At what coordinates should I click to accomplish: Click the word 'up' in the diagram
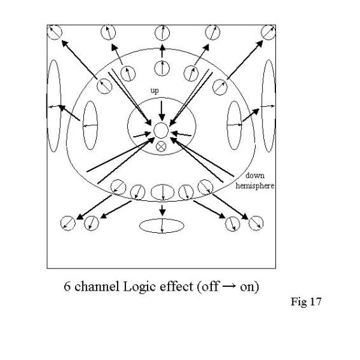click(x=155, y=91)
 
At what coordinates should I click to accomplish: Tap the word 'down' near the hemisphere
click(x=255, y=176)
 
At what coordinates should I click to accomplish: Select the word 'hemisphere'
click(x=255, y=185)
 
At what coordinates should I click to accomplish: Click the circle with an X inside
click(x=161, y=146)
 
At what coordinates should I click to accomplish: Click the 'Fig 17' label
click(x=306, y=301)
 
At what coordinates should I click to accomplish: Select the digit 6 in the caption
click(x=67, y=286)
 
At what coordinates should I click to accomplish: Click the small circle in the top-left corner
click(x=55, y=32)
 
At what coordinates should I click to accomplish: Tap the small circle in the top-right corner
click(x=268, y=32)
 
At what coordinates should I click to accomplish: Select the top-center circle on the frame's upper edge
click(x=162, y=33)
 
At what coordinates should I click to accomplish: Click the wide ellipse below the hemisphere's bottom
click(x=162, y=226)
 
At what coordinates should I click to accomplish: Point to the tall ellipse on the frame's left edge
click(x=54, y=106)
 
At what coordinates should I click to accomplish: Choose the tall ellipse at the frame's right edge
click(x=268, y=106)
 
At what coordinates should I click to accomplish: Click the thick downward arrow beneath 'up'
click(x=162, y=111)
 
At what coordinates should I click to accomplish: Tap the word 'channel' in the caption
click(x=97, y=286)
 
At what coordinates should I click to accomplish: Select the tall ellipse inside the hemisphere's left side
click(x=90, y=125)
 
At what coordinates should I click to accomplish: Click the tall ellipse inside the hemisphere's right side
click(x=234, y=125)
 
